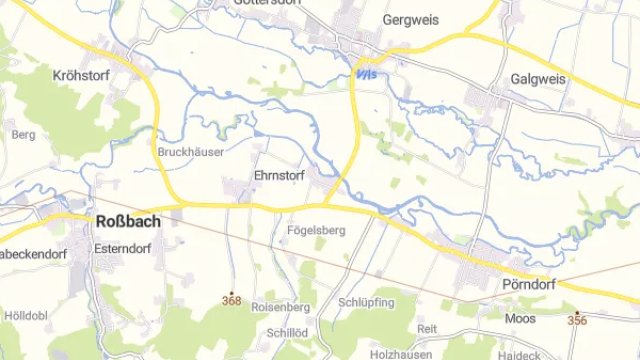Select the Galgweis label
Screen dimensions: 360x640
538,79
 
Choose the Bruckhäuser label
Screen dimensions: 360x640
191,152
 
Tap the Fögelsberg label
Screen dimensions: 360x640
316,231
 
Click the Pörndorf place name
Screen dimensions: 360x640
524,284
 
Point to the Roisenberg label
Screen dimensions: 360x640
282,308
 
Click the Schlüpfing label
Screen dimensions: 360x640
367,302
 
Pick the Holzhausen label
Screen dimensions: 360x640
399,354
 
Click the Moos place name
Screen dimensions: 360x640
520,319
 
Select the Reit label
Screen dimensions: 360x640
428,329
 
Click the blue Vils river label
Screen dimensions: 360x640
367,73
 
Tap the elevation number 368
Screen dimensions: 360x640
232,300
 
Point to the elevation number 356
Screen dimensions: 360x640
577,320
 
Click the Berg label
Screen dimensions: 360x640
24,134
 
